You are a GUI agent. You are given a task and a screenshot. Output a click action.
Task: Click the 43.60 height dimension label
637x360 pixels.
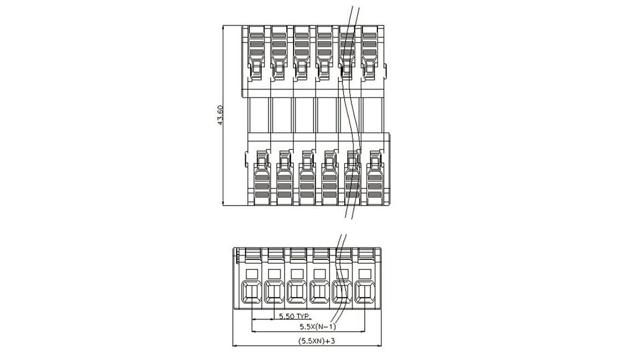click(220, 115)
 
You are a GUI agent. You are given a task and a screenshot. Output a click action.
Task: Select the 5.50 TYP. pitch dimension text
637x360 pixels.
click(295, 316)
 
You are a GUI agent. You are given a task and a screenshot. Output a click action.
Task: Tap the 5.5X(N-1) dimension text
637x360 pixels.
click(318, 326)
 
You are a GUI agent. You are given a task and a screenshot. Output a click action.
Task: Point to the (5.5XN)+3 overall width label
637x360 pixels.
click(316, 341)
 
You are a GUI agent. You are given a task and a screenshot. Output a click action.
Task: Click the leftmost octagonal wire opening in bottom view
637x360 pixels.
click(252, 292)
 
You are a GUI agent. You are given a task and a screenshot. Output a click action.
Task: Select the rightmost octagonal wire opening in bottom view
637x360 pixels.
click(365, 292)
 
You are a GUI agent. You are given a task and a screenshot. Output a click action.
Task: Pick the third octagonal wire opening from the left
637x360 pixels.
click(297, 292)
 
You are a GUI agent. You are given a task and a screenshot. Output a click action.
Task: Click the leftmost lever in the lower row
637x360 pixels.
click(262, 178)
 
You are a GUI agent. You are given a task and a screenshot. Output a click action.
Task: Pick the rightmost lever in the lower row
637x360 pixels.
click(375, 178)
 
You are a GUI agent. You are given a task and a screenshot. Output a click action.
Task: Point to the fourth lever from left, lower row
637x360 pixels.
click(330, 178)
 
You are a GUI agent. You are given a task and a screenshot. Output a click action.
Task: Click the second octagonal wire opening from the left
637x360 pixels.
click(275, 292)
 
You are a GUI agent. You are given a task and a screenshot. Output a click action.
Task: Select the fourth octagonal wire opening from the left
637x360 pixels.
click(320, 292)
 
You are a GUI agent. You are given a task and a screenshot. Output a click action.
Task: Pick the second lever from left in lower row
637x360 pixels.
click(284, 178)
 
